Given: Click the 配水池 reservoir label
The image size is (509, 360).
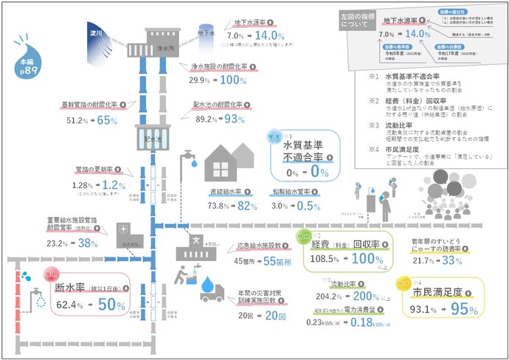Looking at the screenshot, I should pyautogui.click(x=152, y=138).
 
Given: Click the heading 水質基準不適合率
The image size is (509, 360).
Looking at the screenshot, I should pyautogui.click(x=299, y=157).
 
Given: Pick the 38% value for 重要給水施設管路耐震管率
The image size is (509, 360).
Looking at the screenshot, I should pyautogui.click(x=89, y=242).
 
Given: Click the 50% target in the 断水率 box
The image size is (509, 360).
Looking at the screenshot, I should pyautogui.click(x=108, y=305).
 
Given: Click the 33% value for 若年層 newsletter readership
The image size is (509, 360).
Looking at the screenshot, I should pyautogui.click(x=451, y=260).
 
